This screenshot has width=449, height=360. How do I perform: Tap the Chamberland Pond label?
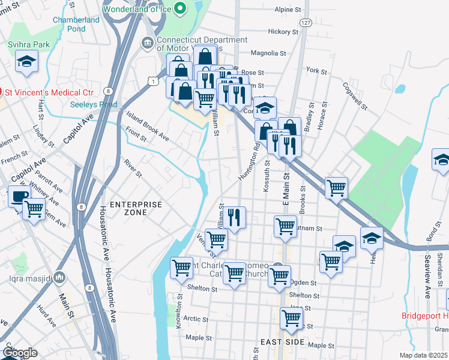(x=76, y=24)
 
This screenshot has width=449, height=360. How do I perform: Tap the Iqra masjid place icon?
(x=59, y=277)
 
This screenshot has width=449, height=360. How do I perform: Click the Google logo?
(x=20, y=353)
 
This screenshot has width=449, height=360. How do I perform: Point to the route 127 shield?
(x=306, y=22)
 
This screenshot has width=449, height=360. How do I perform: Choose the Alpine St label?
(x=288, y=10)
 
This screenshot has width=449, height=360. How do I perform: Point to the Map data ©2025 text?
(x=423, y=355)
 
